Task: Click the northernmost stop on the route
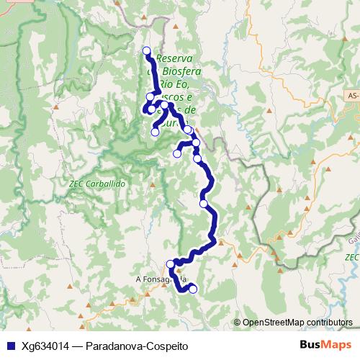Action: (x=147, y=50)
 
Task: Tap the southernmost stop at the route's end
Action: (x=192, y=289)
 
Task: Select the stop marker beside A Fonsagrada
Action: (x=171, y=264)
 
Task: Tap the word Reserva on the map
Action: (x=174, y=58)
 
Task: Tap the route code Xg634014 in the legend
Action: (x=45, y=346)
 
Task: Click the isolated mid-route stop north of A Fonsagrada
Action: (x=204, y=204)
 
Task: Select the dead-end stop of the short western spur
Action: (x=177, y=153)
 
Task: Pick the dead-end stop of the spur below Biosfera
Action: (x=155, y=132)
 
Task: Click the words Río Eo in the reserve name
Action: (x=179, y=85)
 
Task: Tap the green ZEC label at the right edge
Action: (x=351, y=257)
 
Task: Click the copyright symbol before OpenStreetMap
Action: (x=238, y=323)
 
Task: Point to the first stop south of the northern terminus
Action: (x=150, y=96)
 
